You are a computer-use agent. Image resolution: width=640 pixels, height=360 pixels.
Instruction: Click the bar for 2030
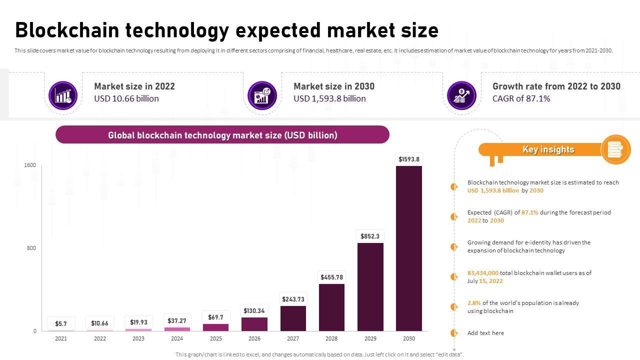[409, 248]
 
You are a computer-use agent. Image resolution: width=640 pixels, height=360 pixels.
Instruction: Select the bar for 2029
[370, 286]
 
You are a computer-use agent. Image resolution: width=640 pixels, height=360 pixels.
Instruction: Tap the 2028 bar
[331, 307]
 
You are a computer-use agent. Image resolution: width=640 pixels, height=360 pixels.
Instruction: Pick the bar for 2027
[293, 318]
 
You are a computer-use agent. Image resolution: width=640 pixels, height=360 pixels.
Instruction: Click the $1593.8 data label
[409, 159]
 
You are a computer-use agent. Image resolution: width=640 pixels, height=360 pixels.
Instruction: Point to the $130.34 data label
[254, 311]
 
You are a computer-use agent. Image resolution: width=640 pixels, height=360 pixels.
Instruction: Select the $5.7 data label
[61, 324]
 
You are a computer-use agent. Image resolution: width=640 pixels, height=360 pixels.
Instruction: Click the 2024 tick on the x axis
[177, 338]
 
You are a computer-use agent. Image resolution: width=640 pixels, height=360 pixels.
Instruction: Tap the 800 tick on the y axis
[31, 248]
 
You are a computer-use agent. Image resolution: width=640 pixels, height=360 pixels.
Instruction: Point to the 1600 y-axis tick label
[30, 165]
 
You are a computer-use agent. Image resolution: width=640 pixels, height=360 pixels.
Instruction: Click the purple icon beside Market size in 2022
[63, 95]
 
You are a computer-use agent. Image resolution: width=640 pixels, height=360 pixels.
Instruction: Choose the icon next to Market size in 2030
[262, 95]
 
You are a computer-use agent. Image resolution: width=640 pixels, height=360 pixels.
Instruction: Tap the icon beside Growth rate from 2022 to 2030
[461, 95]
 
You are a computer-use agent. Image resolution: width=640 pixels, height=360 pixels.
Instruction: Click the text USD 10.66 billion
[126, 98]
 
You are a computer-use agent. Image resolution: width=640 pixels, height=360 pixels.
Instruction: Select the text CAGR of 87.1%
[521, 98]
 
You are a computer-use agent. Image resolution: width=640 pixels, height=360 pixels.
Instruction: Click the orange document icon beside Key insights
[615, 149]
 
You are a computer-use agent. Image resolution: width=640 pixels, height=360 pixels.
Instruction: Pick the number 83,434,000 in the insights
[483, 273]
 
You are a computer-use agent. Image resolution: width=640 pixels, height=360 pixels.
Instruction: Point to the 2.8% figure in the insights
[474, 303]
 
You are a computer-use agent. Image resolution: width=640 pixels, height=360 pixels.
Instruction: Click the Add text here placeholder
[485, 333]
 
